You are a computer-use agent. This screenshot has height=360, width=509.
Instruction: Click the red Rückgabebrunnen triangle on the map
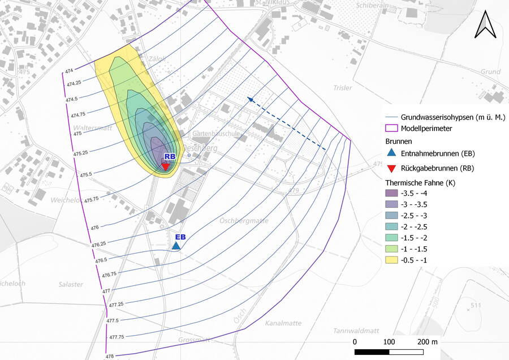165,166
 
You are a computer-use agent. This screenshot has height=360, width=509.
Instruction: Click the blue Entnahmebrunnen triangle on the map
176,246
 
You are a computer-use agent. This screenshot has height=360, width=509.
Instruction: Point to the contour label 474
70,71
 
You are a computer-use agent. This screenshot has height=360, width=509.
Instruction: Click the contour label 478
109,356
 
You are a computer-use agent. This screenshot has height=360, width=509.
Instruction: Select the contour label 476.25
98,245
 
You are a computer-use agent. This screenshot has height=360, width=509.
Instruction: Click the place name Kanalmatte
281,323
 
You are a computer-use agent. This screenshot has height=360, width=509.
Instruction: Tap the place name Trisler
343,88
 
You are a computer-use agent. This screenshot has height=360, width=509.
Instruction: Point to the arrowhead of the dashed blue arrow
248,98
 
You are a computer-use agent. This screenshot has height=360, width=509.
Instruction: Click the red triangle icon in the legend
391,168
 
